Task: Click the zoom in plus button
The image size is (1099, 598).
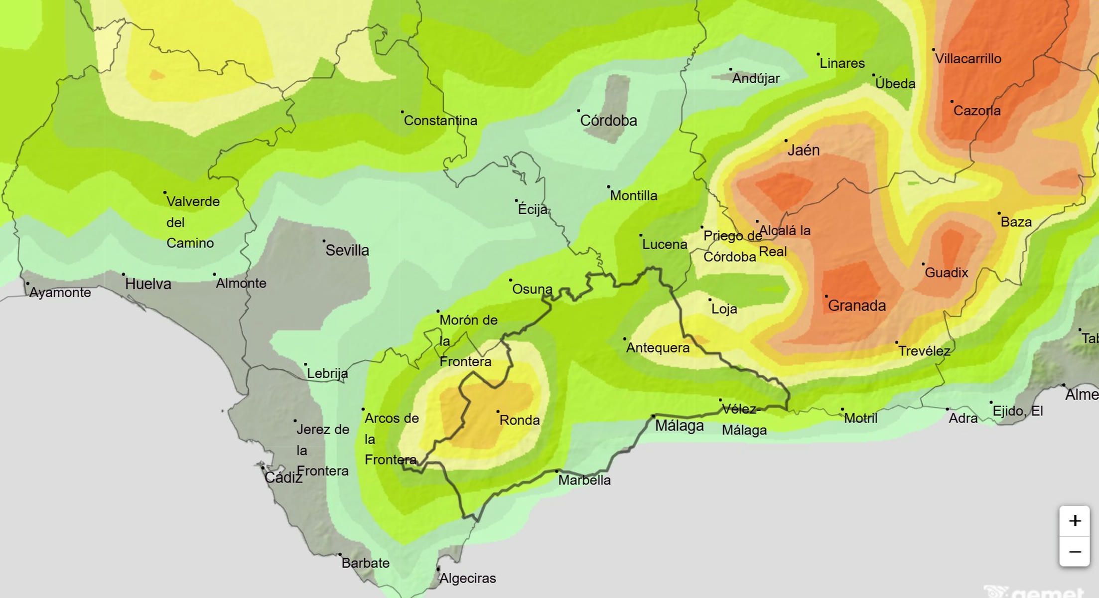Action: (1075, 521)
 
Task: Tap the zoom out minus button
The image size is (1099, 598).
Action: (1075, 552)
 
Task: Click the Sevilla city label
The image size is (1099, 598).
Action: (347, 250)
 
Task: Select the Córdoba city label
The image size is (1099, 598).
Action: (608, 121)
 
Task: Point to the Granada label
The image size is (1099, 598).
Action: (857, 305)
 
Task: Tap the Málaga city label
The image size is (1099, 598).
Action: (679, 426)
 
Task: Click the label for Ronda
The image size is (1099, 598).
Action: (520, 420)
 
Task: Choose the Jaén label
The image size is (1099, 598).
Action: (803, 150)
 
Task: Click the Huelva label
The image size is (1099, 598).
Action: (148, 284)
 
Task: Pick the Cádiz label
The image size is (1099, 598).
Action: (283, 477)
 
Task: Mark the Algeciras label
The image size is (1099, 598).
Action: (468, 578)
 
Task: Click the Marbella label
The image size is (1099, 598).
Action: (584, 480)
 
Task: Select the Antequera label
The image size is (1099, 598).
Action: (658, 348)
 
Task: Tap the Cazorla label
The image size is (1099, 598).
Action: (976, 111)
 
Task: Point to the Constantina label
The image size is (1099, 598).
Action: (440, 121)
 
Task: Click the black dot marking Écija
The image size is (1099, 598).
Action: (517, 201)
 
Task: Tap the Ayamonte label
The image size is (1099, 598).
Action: (60, 293)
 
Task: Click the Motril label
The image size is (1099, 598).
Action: (860, 418)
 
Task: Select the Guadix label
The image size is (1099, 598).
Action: (946, 273)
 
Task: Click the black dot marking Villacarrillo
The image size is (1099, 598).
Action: (933, 50)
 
